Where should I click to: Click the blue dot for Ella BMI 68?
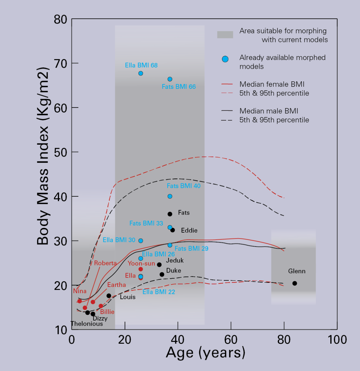pyautogui.click(x=141, y=73)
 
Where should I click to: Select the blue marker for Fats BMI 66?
pyautogui.click(x=170, y=79)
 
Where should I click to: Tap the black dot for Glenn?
pyautogui.click(x=295, y=283)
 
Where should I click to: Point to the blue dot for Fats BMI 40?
pyautogui.click(x=170, y=196)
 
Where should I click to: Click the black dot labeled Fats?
pyautogui.click(x=170, y=214)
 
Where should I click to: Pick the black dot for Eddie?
pyautogui.click(x=172, y=230)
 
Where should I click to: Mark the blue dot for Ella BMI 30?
pyautogui.click(x=141, y=241)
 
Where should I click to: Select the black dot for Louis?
pyautogui.click(x=109, y=296)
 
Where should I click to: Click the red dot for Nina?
pyautogui.click(x=79, y=301)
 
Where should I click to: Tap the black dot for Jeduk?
pyautogui.click(x=159, y=265)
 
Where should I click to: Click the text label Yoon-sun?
pyautogui.click(x=141, y=264)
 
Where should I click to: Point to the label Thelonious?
pyautogui.click(x=87, y=324)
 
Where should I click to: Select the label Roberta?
pyautogui.click(x=105, y=263)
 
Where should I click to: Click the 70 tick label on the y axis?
pyautogui.click(x=60, y=64)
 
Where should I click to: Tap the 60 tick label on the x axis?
pyautogui.click(x=231, y=340)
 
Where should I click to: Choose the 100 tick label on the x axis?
pyautogui.click(x=337, y=340)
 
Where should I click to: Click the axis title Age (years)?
pyautogui.click(x=205, y=353)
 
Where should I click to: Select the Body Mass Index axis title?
pyautogui.click(x=43, y=156)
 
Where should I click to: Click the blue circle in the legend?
pyautogui.click(x=225, y=59)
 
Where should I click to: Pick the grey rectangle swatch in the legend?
pyautogui.click(x=225, y=35)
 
